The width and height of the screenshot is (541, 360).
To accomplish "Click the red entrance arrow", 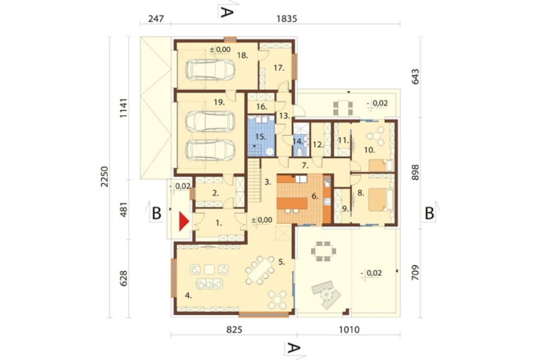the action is [x=183, y=222].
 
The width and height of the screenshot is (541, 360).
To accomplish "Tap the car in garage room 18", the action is [x=210, y=69].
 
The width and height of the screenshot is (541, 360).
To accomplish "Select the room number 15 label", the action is [x=261, y=137].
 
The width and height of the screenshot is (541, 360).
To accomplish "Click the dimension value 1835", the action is [x=287, y=18].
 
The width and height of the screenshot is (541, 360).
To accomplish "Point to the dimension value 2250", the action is [x=104, y=177].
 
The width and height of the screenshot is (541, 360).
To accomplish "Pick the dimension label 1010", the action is [x=349, y=330].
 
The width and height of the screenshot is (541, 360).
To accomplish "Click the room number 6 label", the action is [x=315, y=196].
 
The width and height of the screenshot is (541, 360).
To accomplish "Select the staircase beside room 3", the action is [x=254, y=181].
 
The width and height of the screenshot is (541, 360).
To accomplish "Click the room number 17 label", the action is [x=279, y=68].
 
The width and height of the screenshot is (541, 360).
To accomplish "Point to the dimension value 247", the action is [x=156, y=18].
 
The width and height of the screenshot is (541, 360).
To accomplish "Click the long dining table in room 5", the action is [x=261, y=270].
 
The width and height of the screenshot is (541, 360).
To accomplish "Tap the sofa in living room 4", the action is [x=209, y=283].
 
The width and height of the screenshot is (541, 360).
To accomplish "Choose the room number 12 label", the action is [x=318, y=145].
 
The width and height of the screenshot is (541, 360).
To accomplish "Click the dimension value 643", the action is [x=415, y=77].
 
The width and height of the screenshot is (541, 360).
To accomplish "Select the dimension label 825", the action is [x=234, y=330].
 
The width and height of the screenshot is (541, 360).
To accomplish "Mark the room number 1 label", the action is [x=219, y=223].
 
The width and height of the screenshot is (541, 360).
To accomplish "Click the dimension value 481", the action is [x=124, y=210].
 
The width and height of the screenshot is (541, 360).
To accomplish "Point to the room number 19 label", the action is [x=219, y=102].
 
